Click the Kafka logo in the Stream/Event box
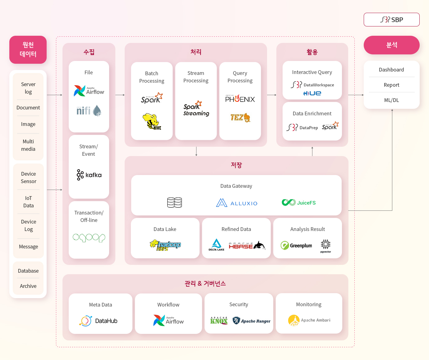pos(89,175)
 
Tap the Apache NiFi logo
pos(89,111)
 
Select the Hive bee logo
pos(152,122)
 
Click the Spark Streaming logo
pos(196,109)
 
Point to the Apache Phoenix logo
pos(240,99)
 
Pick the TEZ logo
pos(240,118)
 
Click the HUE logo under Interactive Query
pos(312,93)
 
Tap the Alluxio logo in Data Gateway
pos(237,203)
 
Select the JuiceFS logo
pos(298,203)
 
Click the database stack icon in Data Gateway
pos(174,203)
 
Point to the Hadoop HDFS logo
pos(165,245)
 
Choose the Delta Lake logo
pos(216,245)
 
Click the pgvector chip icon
pos(326,246)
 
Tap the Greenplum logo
pos(296,245)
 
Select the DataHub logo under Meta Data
pos(98,321)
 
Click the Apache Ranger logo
pos(251,321)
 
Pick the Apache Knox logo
pos(219,321)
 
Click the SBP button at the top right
pos(391,20)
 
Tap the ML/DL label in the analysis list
pos(391,100)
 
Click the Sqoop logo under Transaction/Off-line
pos(89,238)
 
